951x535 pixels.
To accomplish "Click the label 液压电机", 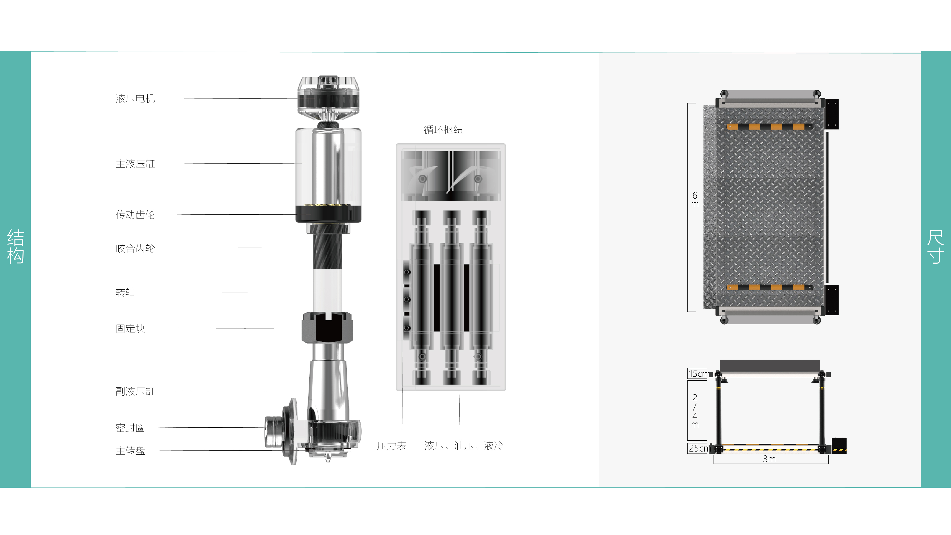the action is coord(135,99).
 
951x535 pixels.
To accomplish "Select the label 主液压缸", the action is coord(135,164).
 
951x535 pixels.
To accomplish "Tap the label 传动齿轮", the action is coord(135,215).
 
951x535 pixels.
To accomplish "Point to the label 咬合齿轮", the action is coord(135,248).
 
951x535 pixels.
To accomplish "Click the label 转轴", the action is coord(125,292).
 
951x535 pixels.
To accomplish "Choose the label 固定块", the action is coord(130,329).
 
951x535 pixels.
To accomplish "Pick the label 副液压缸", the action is coord(135,391).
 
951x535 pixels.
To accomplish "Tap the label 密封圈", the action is coord(130,428).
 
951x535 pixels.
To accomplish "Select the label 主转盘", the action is coord(130,451).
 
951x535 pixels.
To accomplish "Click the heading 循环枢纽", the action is coord(443,130).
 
